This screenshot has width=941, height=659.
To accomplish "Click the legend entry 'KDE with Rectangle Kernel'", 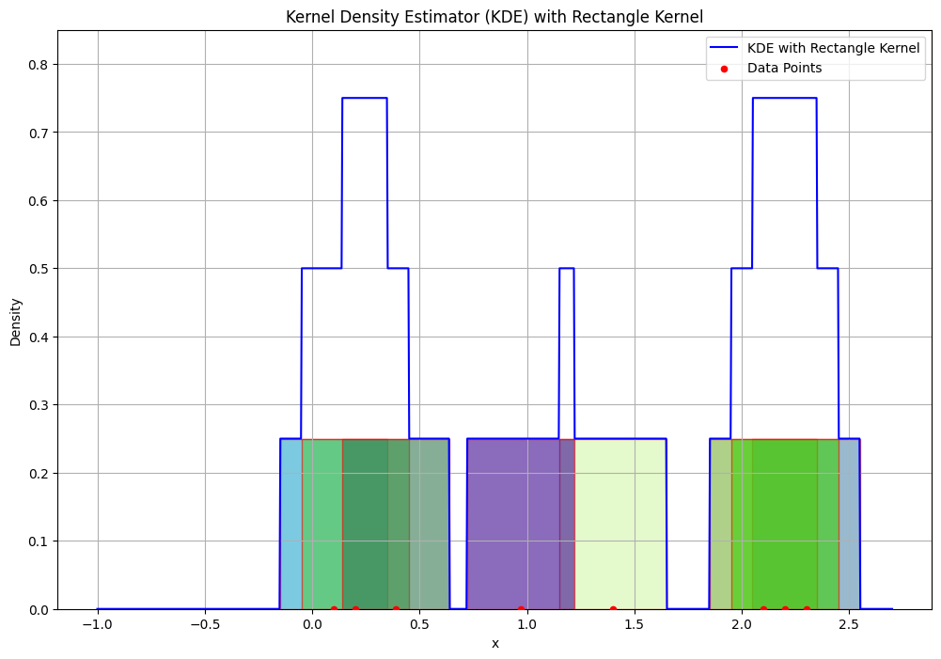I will (833, 48).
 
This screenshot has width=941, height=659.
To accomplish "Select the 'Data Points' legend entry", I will (784, 68).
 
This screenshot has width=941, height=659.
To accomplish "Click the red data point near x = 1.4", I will (613, 609).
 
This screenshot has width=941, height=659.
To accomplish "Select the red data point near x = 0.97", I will (521, 609).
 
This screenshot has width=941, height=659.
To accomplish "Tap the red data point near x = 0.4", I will (396, 609).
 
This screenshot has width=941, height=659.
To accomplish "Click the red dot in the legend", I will (724, 69).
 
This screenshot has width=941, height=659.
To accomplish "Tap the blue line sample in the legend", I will (724, 48).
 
